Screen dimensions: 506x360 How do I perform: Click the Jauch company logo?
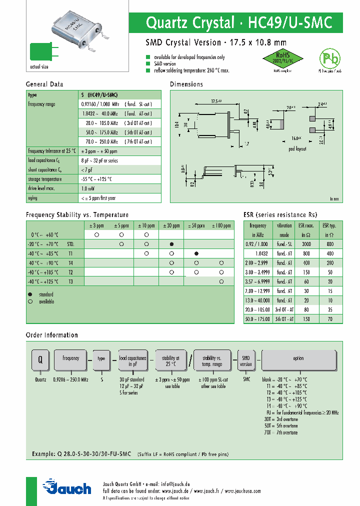(67, 487)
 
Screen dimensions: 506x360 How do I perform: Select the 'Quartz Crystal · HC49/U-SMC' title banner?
(238, 22)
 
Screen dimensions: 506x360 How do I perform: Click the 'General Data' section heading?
(44, 84)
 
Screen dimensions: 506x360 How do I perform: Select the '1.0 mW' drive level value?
(88, 188)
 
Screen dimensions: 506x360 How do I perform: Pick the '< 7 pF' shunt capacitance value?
(87, 170)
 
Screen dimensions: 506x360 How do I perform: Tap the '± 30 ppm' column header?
(171, 225)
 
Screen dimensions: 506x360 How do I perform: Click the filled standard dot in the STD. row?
(171, 244)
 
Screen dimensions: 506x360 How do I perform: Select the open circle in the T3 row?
(221, 281)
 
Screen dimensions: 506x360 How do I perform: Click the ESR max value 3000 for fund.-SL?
(304, 243)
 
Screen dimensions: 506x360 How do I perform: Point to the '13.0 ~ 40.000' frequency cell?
(258, 300)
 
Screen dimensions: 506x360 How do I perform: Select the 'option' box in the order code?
(298, 358)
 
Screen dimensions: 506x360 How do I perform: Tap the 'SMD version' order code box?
(246, 361)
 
